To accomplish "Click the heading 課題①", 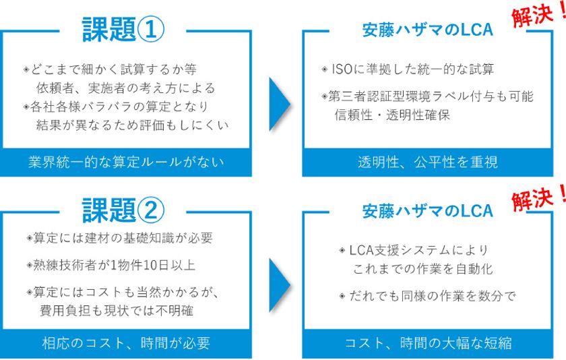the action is [x=123, y=29].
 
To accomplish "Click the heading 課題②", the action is [x=123, y=210].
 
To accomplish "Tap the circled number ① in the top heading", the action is [x=151, y=30].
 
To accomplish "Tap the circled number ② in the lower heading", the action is [x=151, y=210].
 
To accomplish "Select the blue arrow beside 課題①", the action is [x=280, y=104].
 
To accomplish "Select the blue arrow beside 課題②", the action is [x=280, y=285].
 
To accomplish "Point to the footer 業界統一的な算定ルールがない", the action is [x=126, y=162].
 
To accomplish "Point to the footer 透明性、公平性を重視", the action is [x=428, y=162].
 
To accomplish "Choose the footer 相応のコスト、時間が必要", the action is [x=126, y=343].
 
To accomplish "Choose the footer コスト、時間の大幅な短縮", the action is [x=428, y=343].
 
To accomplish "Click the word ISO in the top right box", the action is [x=342, y=69].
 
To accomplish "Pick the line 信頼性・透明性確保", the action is [x=392, y=115].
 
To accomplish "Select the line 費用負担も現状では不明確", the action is [x=116, y=311].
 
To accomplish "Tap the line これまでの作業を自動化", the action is [x=422, y=269].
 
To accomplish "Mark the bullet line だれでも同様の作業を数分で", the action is [x=428, y=296].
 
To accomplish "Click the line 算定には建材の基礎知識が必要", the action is [x=120, y=239].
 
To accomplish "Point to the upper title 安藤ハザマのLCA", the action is [x=428, y=30].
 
